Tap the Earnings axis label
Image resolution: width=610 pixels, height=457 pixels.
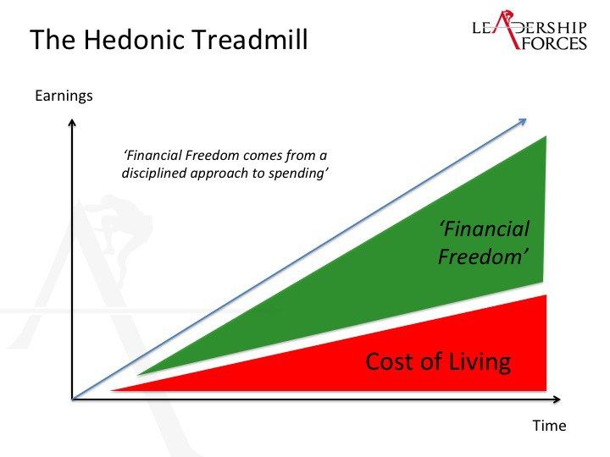pyautogui.click(x=64, y=96)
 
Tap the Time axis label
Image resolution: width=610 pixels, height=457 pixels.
pyautogui.click(x=549, y=426)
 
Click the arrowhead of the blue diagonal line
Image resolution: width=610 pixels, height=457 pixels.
pyautogui.click(x=524, y=121)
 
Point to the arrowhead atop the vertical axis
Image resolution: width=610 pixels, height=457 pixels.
pyautogui.click(x=71, y=123)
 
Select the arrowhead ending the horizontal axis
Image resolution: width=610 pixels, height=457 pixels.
pyautogui.click(x=557, y=399)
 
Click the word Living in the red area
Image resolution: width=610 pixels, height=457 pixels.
pyautogui.click(x=480, y=361)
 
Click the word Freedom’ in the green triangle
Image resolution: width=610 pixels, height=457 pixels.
pyautogui.click(x=483, y=256)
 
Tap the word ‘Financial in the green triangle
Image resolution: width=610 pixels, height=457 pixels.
pyautogui.click(x=484, y=228)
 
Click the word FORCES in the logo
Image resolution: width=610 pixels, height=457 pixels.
pyautogui.click(x=554, y=43)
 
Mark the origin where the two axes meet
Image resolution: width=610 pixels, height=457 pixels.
pyautogui.click(x=72, y=399)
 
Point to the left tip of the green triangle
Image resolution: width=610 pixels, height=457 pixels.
pyautogui.click(x=139, y=375)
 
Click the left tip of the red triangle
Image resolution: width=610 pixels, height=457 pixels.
pyautogui.click(x=112, y=390)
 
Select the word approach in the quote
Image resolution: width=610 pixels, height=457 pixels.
pyautogui.click(x=219, y=173)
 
